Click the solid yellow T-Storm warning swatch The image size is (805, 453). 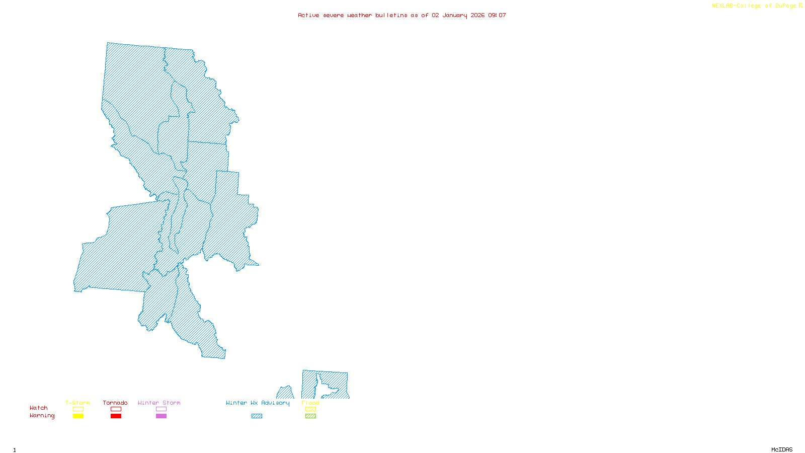[x=78, y=416]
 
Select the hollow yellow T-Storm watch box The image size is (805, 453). [x=78, y=409]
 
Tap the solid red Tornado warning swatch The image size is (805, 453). [x=116, y=416]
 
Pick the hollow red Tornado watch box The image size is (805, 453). [x=116, y=409]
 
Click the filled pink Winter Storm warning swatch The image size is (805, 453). [x=161, y=416]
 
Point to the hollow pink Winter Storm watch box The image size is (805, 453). [x=161, y=409]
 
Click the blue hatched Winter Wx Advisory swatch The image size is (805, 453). [x=257, y=416]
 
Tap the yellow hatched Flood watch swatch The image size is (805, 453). [x=310, y=409]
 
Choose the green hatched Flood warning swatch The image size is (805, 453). [x=310, y=416]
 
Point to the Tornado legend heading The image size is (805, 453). [x=115, y=403]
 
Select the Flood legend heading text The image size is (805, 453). [x=310, y=403]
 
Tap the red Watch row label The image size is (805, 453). [x=39, y=408]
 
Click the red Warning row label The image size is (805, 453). [x=42, y=416]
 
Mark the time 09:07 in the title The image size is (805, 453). [x=497, y=16]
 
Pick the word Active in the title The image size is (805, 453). [x=308, y=16]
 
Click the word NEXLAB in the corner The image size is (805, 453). [x=722, y=6]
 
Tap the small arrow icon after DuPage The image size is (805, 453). [x=800, y=6]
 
